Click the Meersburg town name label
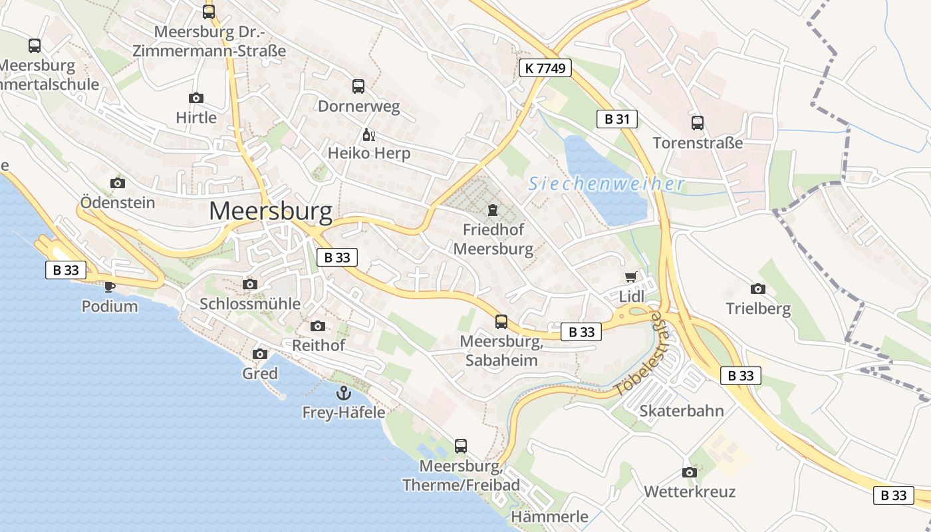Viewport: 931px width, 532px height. coord(271,211)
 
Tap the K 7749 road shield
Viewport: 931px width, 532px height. coord(545,67)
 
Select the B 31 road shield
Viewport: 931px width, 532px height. coord(616,119)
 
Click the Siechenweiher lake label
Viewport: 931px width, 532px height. coord(606,184)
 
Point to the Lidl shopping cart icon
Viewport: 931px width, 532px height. coord(631,277)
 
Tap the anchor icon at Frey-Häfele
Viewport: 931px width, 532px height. coord(343,392)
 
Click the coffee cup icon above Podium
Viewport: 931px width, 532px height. coord(110,287)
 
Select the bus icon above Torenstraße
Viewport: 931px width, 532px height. coord(697,123)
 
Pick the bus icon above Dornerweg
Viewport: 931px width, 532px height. coord(358,86)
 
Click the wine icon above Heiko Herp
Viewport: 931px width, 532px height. coord(369,135)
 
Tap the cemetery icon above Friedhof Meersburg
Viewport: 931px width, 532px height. coord(492,211)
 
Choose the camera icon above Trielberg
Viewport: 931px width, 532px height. coord(757,289)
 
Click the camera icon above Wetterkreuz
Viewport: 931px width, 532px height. coord(690,472)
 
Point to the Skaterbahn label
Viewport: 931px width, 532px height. coord(681,410)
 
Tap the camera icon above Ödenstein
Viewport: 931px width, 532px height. coord(118,183)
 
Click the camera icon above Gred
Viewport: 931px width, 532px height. coord(260,354)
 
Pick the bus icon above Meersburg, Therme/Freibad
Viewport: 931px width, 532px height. coord(460,446)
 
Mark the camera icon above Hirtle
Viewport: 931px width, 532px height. coord(196,98)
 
